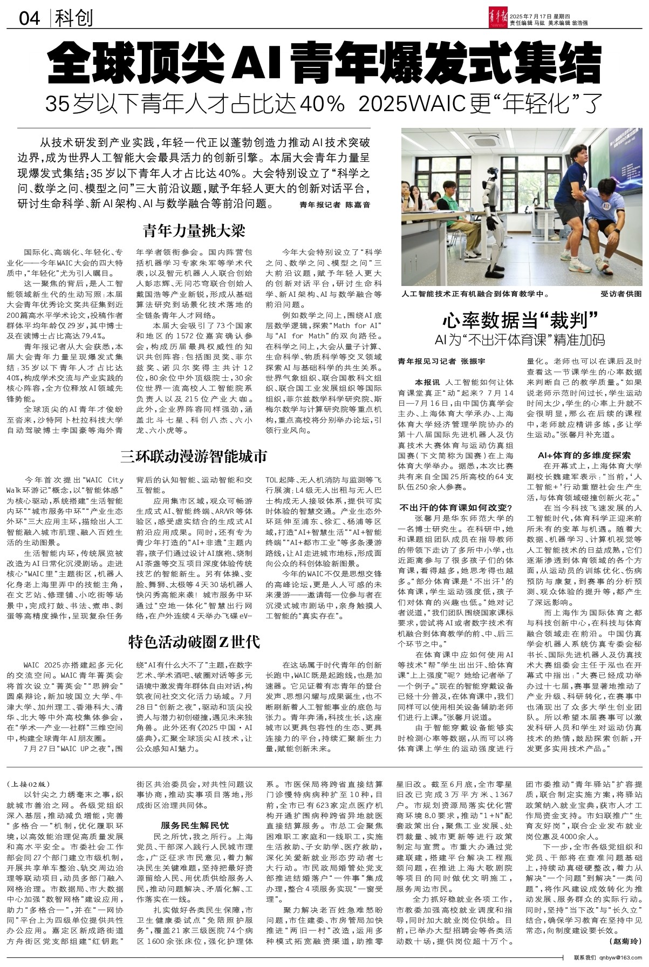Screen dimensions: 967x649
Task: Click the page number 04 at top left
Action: click(30, 19)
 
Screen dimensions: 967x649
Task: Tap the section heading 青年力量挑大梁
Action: click(194, 231)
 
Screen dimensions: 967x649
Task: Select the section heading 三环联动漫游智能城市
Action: click(194, 457)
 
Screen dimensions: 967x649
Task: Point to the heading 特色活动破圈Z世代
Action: click(194, 642)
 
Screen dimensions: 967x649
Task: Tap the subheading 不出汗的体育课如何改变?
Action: click(455, 508)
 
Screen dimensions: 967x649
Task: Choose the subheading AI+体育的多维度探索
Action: click(584, 455)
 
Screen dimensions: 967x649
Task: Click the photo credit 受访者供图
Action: click(621, 294)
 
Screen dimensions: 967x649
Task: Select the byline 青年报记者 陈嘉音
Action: click(335, 205)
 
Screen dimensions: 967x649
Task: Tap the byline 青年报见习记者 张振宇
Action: click(441, 360)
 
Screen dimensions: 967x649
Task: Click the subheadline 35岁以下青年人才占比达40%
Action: click(195, 103)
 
